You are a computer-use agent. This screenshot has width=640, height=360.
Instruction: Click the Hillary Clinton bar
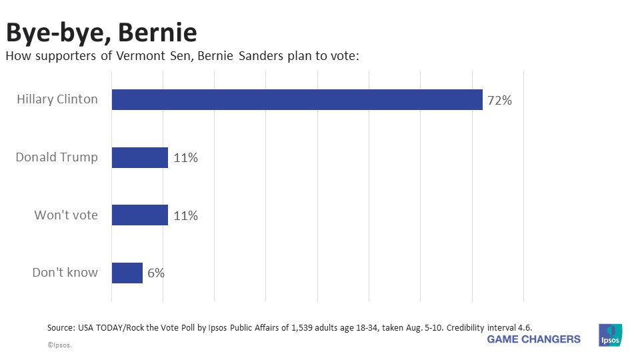coord(297,99)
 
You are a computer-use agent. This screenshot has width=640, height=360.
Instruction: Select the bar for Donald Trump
coord(139,157)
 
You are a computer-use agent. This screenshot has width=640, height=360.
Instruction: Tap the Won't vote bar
coord(139,215)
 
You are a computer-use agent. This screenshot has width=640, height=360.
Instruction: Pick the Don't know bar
coord(127,273)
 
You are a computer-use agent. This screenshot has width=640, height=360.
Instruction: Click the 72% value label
coord(499,101)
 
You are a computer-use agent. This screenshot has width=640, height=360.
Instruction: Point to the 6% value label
coord(156,273)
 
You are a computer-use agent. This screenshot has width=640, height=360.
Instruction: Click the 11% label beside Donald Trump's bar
coord(185,158)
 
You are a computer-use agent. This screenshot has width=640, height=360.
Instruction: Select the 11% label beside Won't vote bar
coord(185,216)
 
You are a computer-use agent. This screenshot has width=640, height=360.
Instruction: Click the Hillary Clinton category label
coord(57,99)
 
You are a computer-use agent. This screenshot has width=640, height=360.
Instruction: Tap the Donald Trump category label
coord(57,157)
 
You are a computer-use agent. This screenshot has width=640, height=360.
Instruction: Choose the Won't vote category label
coord(66,215)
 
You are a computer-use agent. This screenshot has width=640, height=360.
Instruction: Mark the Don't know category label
coord(65,273)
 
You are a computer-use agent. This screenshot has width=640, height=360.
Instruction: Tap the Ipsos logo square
coord(610,335)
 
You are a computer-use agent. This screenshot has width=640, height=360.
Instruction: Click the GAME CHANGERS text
coord(533,339)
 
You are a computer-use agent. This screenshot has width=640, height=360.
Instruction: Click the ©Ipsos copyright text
coord(59,345)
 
